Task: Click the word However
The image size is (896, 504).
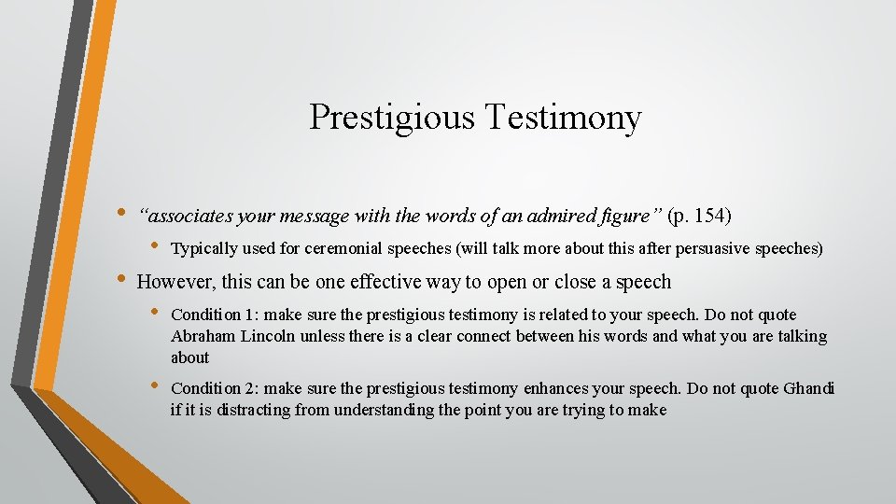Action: (175, 282)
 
